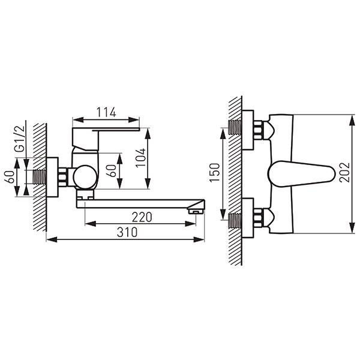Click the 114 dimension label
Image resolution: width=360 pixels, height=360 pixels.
[x=106, y=112]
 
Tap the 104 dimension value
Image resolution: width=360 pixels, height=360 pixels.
[x=140, y=158]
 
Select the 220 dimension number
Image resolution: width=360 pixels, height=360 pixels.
[x=142, y=217]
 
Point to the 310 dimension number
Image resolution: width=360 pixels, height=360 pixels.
[x=127, y=232]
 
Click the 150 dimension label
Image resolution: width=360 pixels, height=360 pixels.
[x=215, y=172]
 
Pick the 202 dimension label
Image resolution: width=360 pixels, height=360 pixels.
[x=344, y=172]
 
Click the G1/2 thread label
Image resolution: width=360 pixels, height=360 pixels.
[x=20, y=139]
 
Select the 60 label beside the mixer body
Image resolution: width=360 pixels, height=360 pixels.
[x=111, y=170]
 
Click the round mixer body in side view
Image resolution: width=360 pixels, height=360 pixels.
[x=85, y=177]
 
